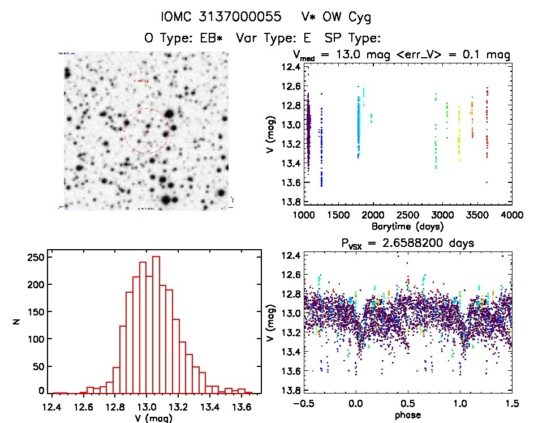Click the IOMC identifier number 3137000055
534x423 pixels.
(249, 18)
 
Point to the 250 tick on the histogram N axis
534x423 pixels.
(36, 257)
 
